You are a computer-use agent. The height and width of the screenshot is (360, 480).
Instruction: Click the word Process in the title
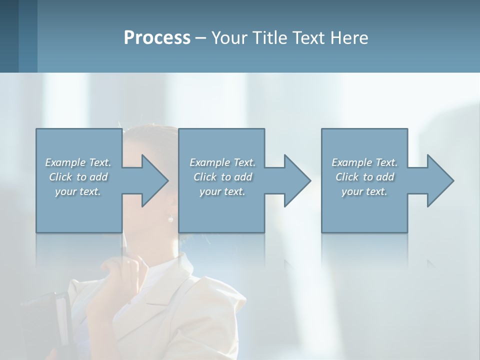tap(157, 38)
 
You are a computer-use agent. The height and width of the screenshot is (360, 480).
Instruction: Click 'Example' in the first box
tap(65, 162)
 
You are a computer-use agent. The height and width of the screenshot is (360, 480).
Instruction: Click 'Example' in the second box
tap(210, 162)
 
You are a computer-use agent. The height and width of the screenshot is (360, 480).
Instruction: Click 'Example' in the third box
tap(352, 162)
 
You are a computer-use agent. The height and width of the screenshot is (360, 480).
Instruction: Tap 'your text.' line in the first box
tap(78, 191)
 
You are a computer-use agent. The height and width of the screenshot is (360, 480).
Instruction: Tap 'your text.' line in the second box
tap(222, 191)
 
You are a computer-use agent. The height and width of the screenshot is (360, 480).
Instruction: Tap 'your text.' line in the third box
tap(364, 191)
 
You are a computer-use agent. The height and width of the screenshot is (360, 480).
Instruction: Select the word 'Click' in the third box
tap(347, 177)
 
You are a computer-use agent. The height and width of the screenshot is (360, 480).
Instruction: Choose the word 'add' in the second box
tap(243, 177)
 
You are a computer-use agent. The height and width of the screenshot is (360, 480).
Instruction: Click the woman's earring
tap(170, 218)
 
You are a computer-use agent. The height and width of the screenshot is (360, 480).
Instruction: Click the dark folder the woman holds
tap(50, 320)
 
